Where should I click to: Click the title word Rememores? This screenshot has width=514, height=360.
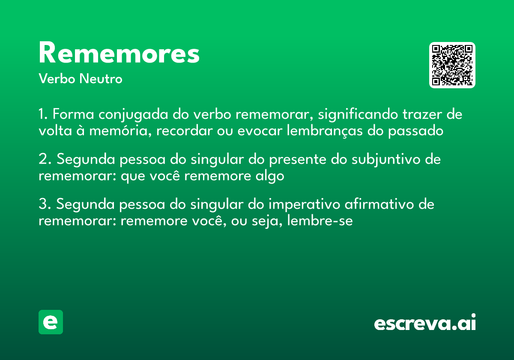(x=119, y=54)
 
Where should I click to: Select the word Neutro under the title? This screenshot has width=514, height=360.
(x=101, y=79)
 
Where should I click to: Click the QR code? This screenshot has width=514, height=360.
(x=452, y=65)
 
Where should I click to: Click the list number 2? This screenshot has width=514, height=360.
(x=43, y=159)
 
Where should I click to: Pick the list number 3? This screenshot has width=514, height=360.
(x=43, y=204)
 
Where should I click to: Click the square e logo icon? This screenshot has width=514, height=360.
(x=51, y=322)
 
